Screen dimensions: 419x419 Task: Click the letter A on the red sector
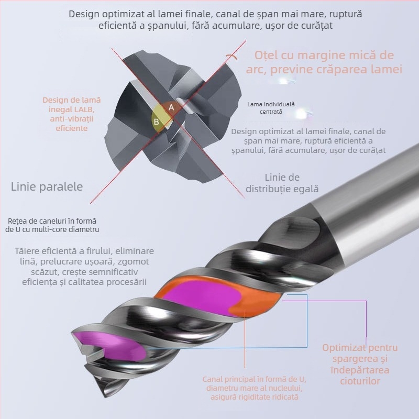point(171,107)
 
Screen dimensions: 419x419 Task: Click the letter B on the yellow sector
point(156,122)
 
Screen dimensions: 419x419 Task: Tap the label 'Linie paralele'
point(47,186)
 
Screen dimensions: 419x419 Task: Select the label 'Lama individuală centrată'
point(271,108)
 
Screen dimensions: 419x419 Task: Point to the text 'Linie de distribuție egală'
point(282,183)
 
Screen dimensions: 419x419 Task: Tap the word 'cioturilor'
point(360,381)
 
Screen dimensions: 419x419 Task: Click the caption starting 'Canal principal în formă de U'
point(255,388)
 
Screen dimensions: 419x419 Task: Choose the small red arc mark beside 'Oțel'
point(231,56)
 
